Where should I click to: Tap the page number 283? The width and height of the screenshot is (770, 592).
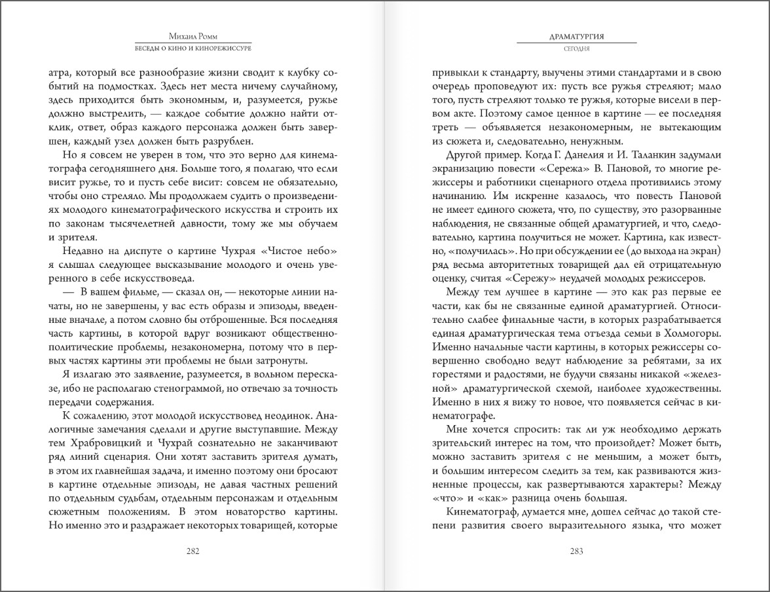point(576,551)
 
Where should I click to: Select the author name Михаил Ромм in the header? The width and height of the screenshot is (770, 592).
point(192,37)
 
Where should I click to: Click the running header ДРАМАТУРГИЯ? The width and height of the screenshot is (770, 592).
point(576,37)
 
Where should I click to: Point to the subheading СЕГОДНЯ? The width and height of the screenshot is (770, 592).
point(576,48)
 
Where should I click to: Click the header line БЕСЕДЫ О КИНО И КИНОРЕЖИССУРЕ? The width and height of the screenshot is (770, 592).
point(192,48)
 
